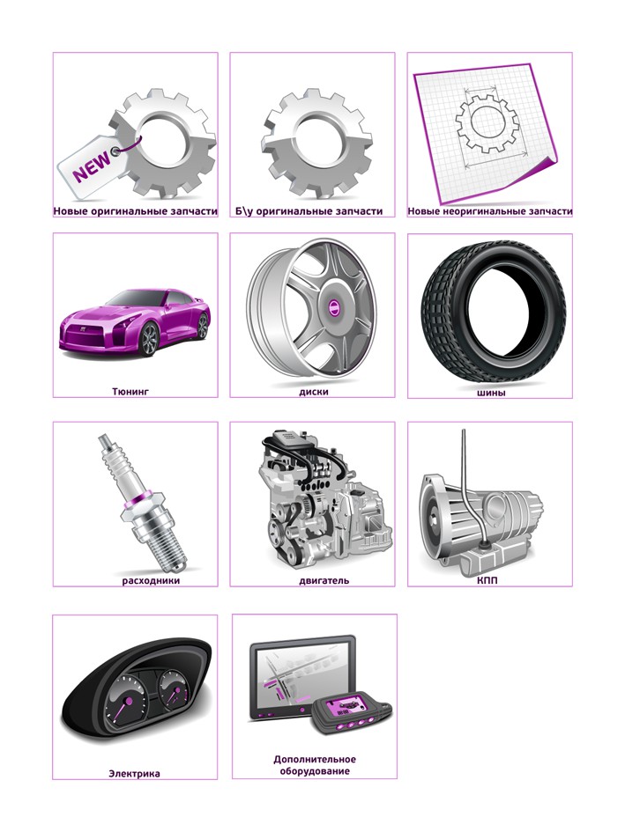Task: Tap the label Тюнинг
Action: (130, 392)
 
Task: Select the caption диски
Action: (314, 392)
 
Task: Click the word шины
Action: (490, 393)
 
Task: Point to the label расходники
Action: (151, 580)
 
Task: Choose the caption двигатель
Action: (324, 580)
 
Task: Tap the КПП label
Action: (487, 580)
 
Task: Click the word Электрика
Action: (134, 774)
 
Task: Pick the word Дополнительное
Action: (315, 759)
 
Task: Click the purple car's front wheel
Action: (149, 339)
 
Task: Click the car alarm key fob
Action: (351, 714)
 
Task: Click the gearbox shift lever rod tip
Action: (464, 431)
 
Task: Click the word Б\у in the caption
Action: (244, 211)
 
